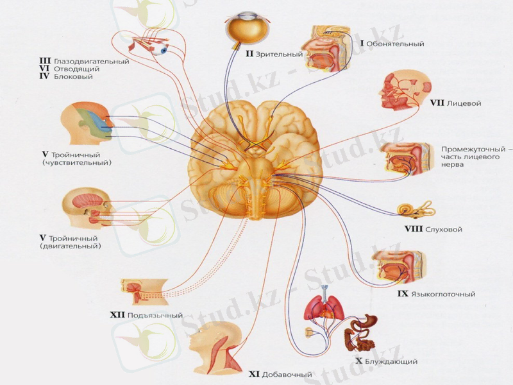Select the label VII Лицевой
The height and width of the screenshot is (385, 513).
[x=455, y=103]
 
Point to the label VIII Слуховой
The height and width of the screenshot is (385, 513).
[x=433, y=229]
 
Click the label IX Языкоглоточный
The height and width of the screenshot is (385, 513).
[x=435, y=294]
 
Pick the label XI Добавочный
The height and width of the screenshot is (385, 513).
[x=280, y=374]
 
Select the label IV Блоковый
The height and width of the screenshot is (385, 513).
[x=67, y=77]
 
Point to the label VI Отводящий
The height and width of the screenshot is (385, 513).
[x=70, y=69]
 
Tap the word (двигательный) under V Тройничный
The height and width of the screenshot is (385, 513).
[x=71, y=246]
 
